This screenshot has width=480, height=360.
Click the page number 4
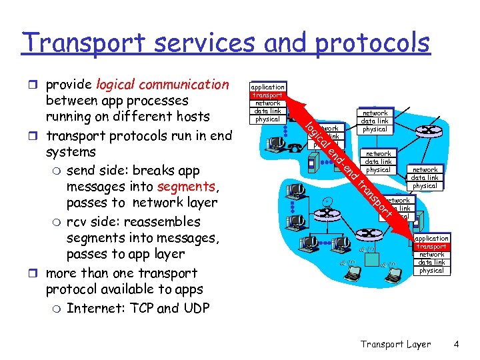(456, 344)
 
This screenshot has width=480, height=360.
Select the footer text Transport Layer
(395, 344)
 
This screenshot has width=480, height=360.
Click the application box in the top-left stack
(267, 87)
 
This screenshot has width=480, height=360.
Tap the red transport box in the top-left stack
(267, 95)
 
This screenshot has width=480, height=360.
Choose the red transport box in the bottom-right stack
(431, 247)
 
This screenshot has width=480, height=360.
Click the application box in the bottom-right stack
(431, 239)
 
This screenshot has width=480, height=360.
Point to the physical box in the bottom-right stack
(431, 271)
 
